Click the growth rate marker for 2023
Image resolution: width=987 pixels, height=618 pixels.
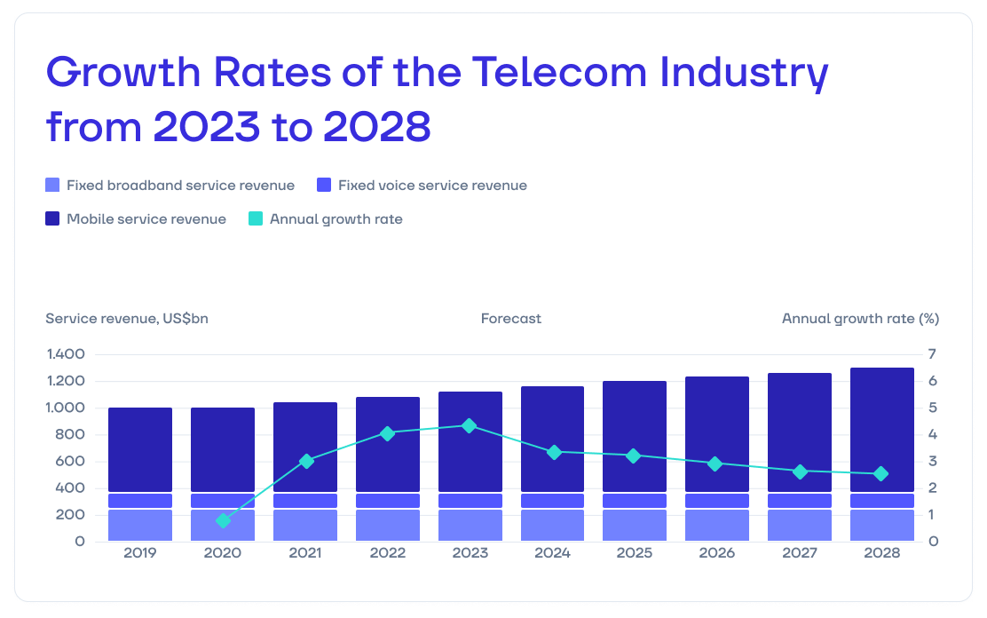(x=470, y=425)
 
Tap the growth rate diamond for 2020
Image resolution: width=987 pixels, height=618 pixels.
(x=223, y=520)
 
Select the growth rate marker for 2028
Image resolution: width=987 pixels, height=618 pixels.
(x=881, y=474)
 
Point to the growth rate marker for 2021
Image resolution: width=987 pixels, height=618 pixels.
(x=306, y=461)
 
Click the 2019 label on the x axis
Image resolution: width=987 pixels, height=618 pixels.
(x=140, y=553)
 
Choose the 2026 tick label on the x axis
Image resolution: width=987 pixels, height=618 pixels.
(x=716, y=553)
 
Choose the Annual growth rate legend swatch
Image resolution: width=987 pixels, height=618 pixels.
(x=256, y=218)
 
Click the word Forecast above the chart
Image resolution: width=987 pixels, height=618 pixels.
(x=511, y=318)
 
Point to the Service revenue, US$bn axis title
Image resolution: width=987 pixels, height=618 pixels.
(x=127, y=318)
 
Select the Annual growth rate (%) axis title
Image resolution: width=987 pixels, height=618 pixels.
(x=860, y=318)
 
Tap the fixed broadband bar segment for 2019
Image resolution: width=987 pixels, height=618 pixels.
(x=140, y=525)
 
